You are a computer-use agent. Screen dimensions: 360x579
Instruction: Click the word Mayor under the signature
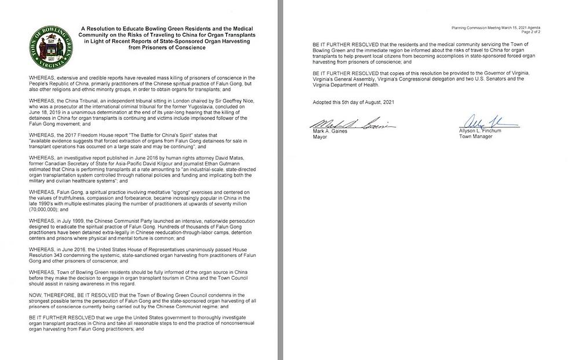(320, 138)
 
